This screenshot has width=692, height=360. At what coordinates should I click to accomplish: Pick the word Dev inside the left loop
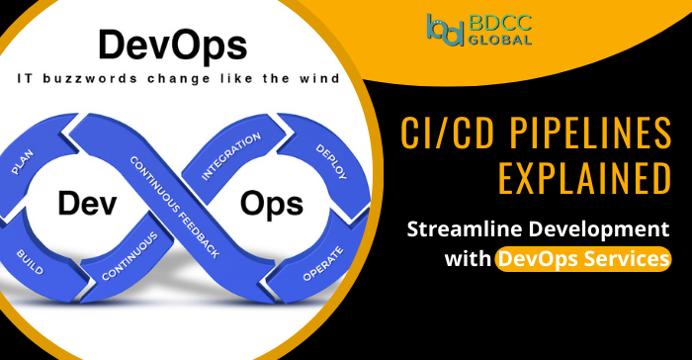click(81, 204)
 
